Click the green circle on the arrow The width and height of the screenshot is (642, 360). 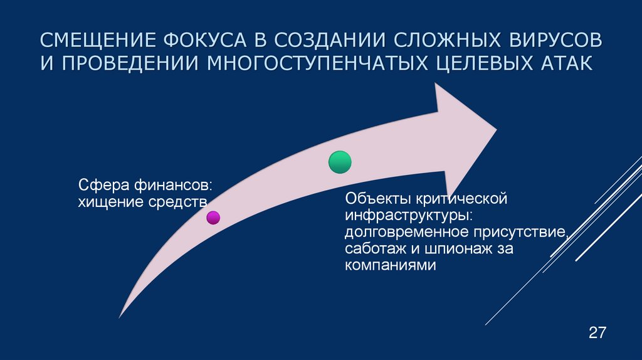pyautogui.click(x=340, y=162)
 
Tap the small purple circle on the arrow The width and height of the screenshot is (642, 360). pyautogui.click(x=213, y=218)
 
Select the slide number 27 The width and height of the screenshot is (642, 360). pyautogui.click(x=597, y=332)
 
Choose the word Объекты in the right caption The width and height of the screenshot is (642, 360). pyautogui.click(x=374, y=200)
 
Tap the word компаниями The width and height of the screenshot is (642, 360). pyautogui.click(x=389, y=265)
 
